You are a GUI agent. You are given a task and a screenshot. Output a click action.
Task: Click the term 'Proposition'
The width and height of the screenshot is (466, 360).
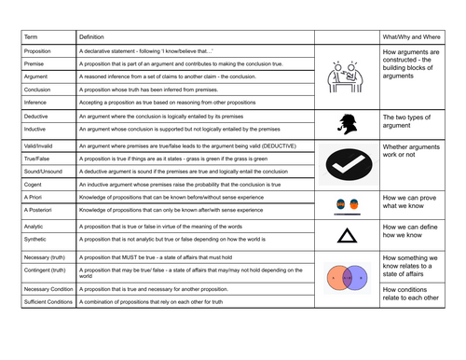(38, 48)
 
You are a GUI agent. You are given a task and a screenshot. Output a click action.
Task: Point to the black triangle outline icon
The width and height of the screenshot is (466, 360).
(347, 234)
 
